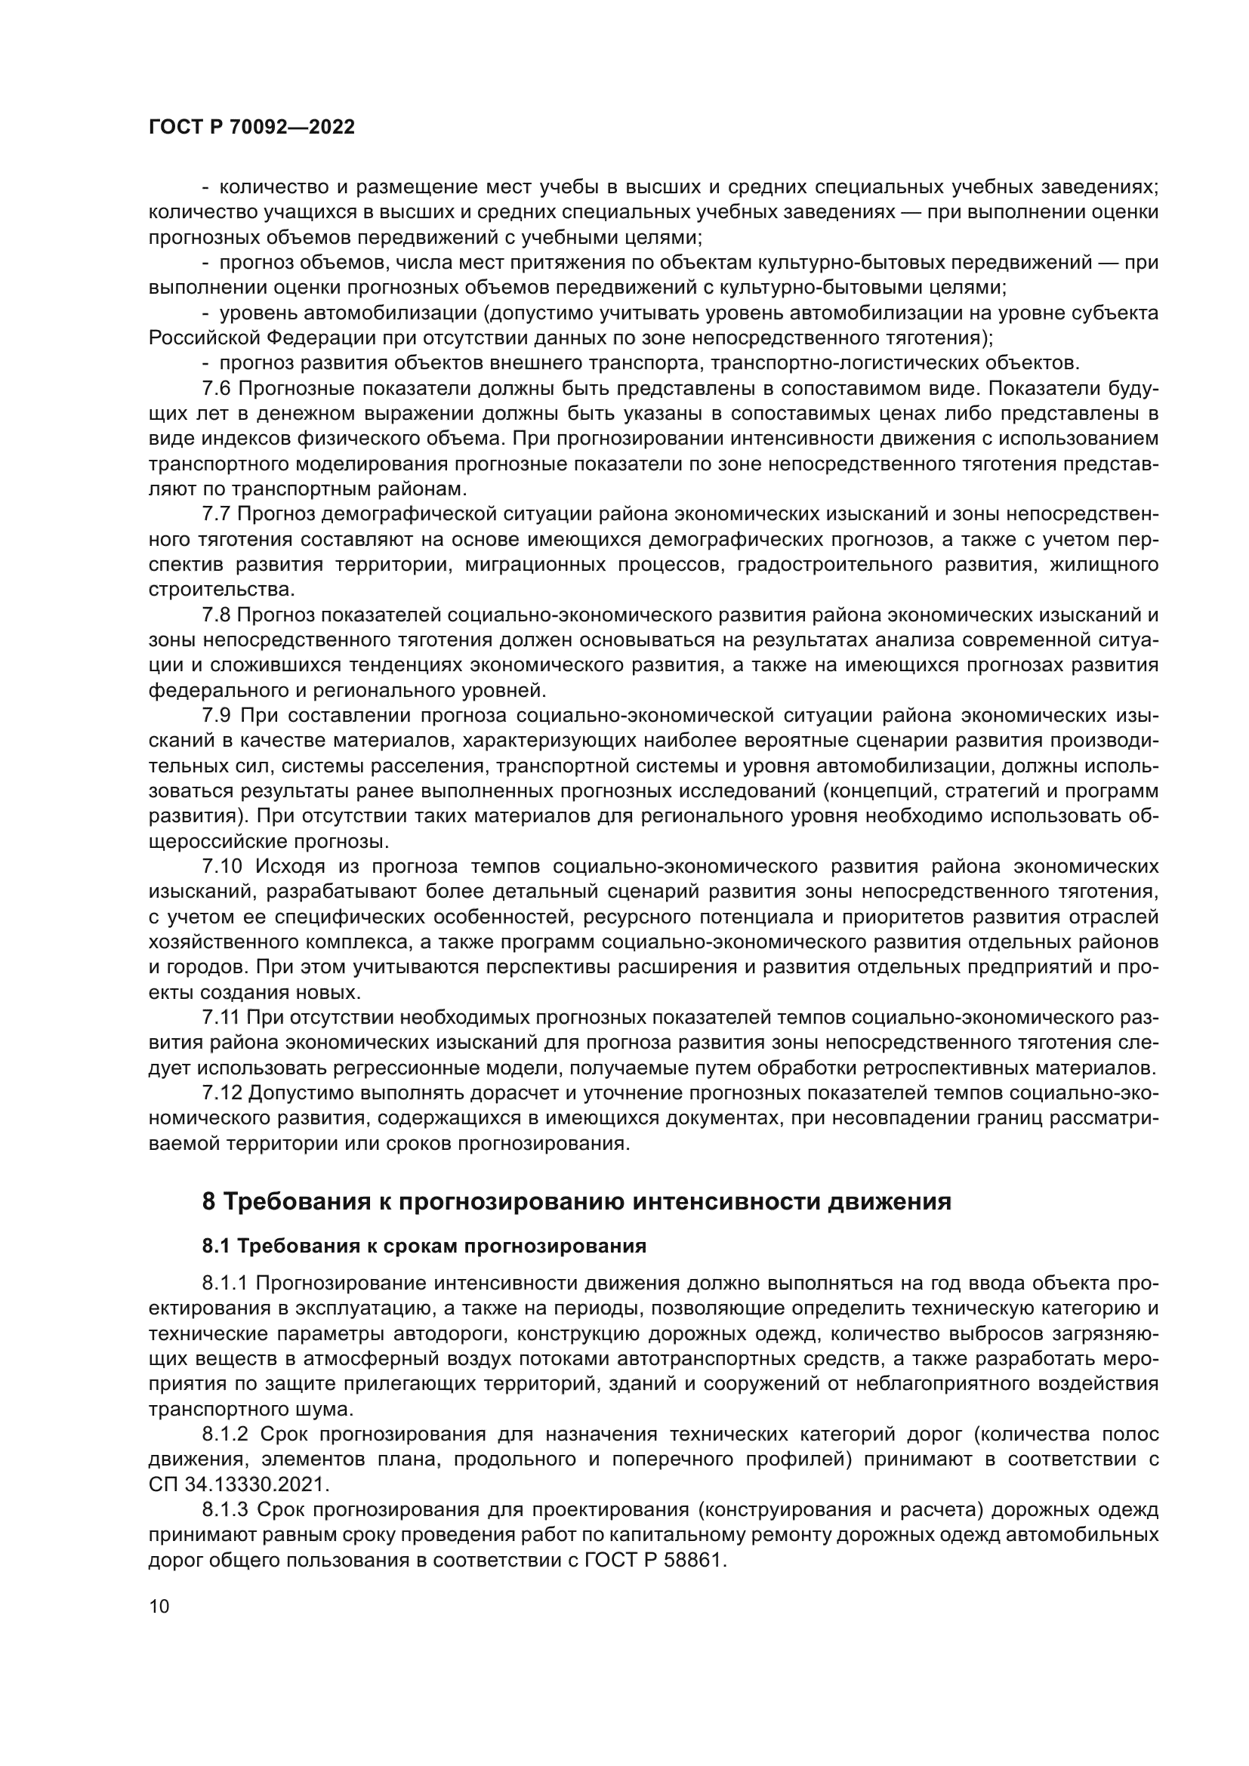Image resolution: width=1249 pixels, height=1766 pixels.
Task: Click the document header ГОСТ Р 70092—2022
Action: coord(251,128)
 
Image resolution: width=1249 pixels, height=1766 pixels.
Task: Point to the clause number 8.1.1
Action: coord(224,1283)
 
